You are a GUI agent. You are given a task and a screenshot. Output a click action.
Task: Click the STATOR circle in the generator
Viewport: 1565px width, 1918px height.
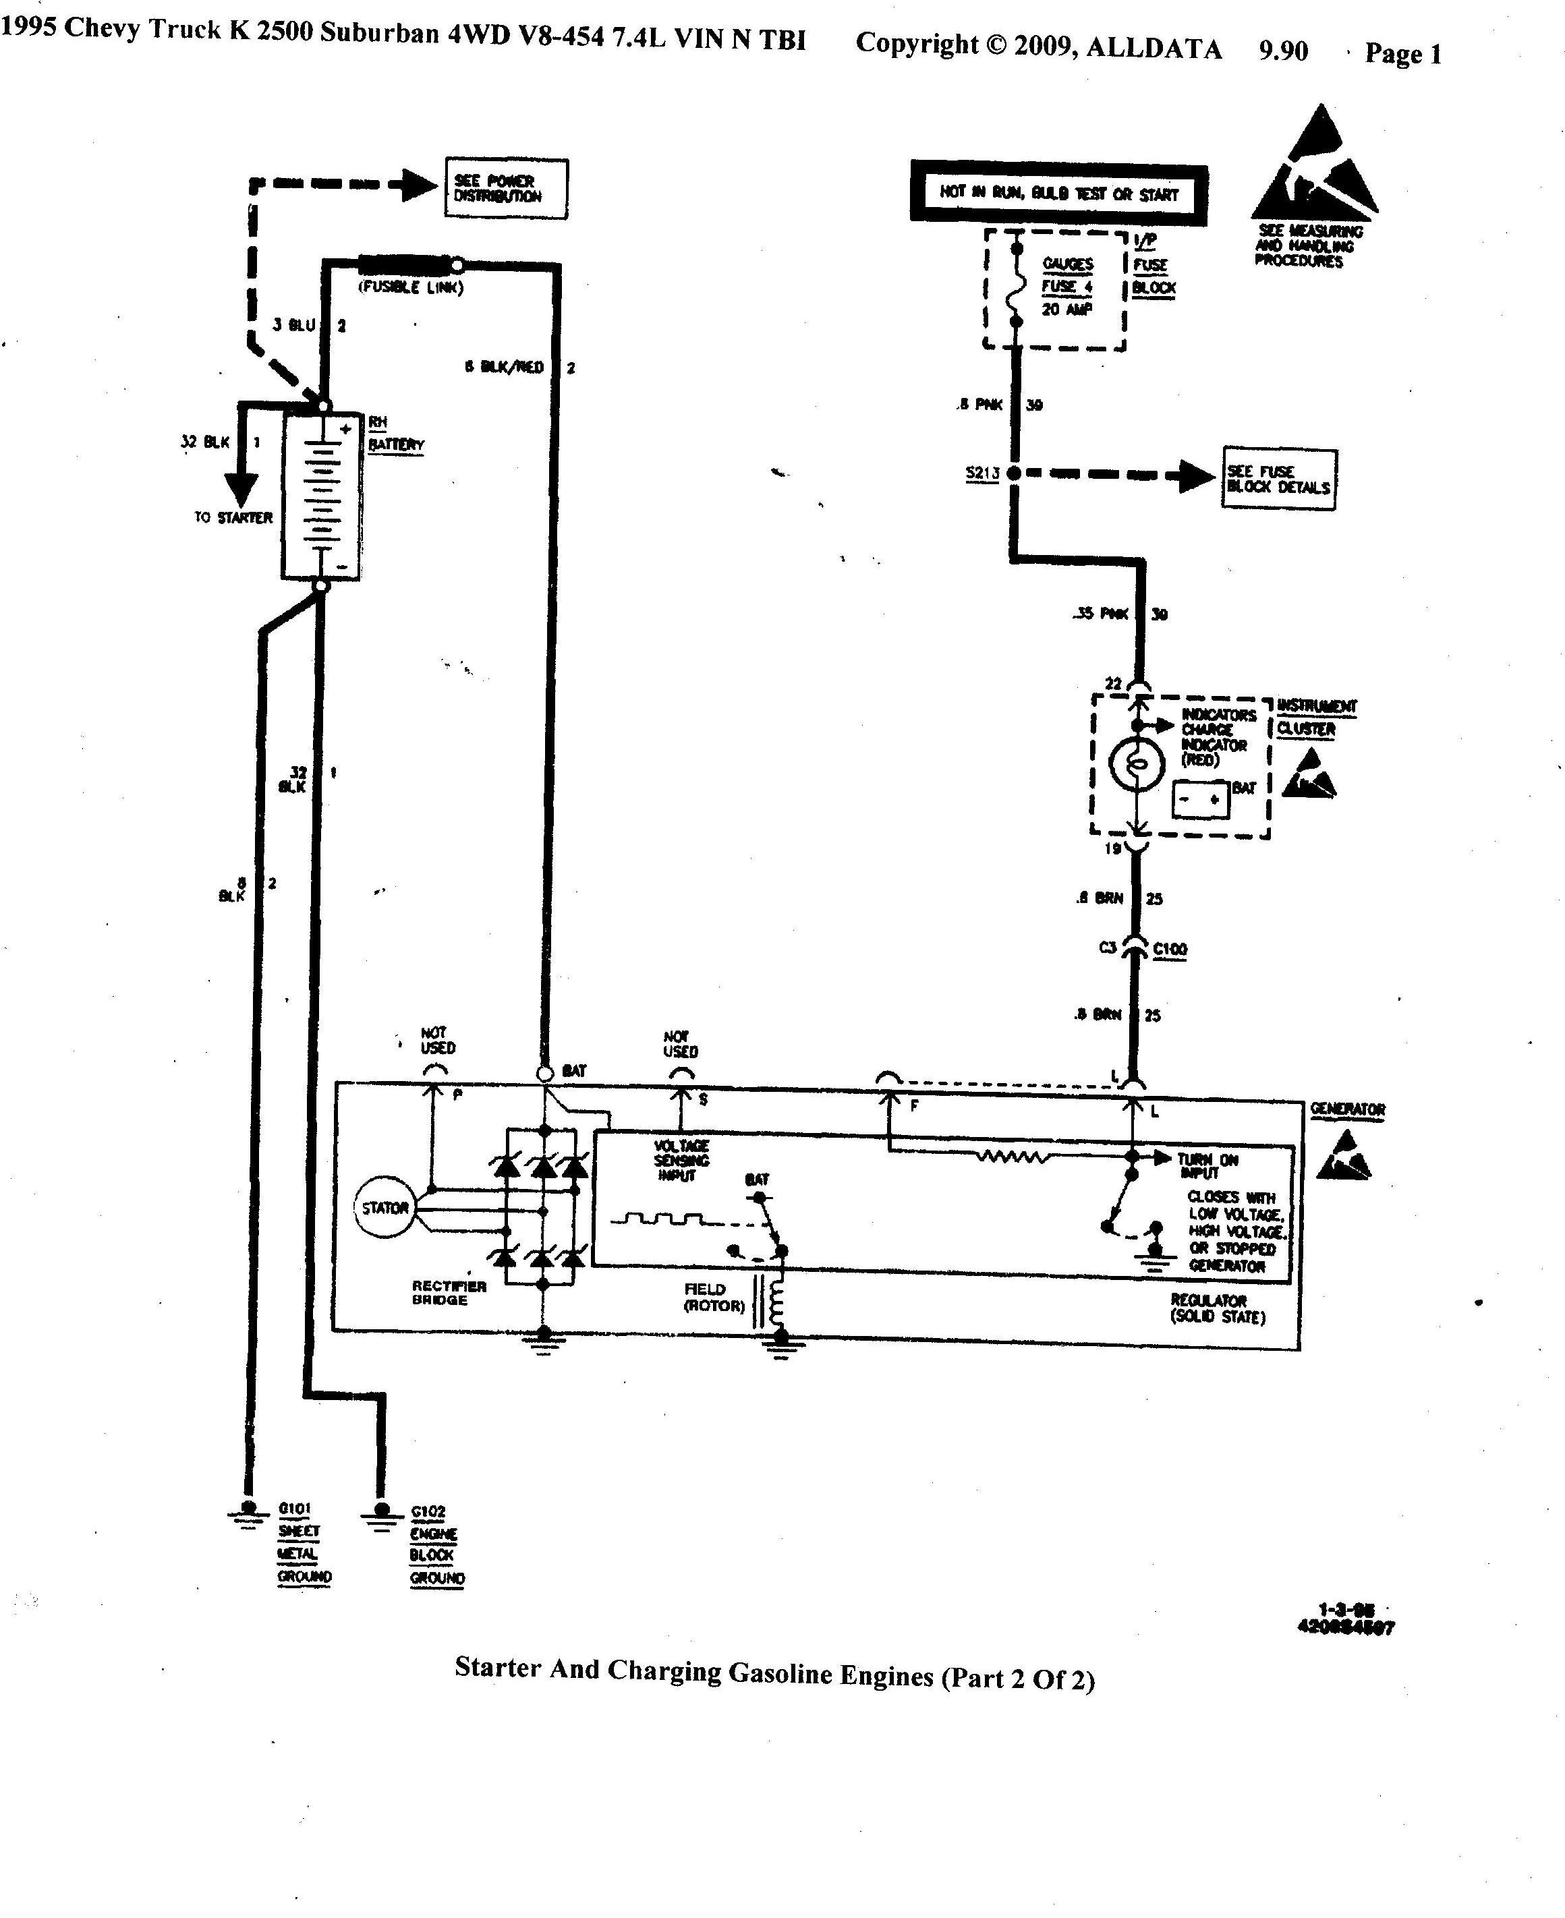(x=385, y=1208)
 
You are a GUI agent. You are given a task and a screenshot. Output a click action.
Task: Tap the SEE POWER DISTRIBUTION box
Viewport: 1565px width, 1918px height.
(x=506, y=188)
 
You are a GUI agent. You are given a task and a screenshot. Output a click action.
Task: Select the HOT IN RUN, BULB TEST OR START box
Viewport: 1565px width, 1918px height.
(x=1058, y=193)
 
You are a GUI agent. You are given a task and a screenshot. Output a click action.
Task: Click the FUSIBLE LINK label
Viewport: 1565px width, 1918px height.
(x=411, y=287)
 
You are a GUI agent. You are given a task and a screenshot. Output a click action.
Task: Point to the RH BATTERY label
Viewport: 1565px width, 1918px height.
(x=395, y=434)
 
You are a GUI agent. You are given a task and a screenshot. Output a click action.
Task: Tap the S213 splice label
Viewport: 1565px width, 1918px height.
(x=981, y=473)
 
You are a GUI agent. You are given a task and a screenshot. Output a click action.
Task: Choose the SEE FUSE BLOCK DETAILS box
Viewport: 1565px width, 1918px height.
(x=1278, y=479)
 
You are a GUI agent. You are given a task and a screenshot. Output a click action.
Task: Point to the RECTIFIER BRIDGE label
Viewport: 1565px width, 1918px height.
(x=449, y=1292)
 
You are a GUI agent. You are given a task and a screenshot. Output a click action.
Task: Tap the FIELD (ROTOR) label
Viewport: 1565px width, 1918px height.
(x=715, y=1297)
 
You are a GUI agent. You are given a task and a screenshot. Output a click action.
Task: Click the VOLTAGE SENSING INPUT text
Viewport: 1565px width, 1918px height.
(x=681, y=1160)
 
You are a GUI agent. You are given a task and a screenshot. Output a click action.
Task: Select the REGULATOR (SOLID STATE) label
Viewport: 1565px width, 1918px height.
(x=1218, y=1309)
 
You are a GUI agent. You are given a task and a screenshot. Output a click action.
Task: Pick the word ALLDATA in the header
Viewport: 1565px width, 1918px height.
(x=1154, y=48)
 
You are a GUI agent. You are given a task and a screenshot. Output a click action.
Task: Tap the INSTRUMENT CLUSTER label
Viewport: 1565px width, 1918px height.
(x=1316, y=718)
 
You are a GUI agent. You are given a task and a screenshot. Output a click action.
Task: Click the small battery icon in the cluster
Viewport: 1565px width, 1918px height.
(x=1200, y=799)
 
